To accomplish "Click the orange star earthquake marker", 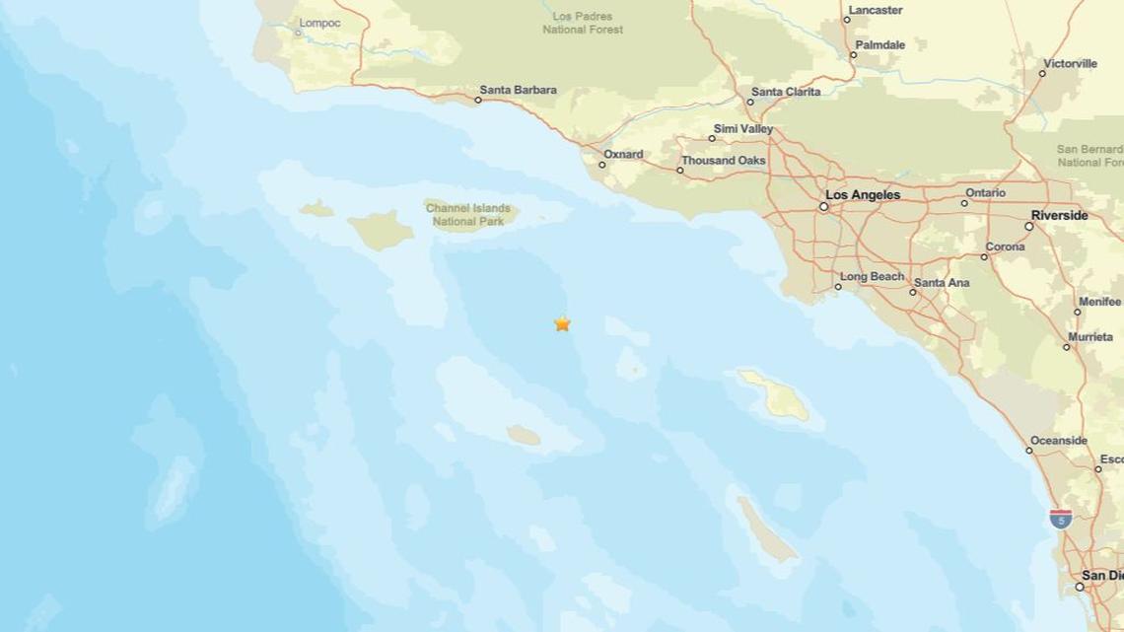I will pos(562,323).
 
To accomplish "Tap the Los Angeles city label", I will pos(862,195).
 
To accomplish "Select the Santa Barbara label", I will pos(518,90).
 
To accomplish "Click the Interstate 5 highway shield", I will pos(1060,519).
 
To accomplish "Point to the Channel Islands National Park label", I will pos(468,215).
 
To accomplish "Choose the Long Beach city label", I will pos(872,277).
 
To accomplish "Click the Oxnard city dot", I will pos(602,165).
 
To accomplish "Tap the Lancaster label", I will pos(876,10).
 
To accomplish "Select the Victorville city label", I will pos(1070,63).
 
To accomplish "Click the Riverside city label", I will pos(1059,215).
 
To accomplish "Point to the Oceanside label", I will pos(1058,441).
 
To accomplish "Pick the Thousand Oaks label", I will pos(723,161).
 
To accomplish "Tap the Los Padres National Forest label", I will pos(584,23).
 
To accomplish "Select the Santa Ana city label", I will pos(941,283).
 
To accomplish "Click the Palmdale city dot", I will pos(854,55).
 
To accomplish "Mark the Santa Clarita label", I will pos(785,92).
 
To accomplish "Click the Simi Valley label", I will pos(742,129).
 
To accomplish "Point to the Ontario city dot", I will pos(964,204).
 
